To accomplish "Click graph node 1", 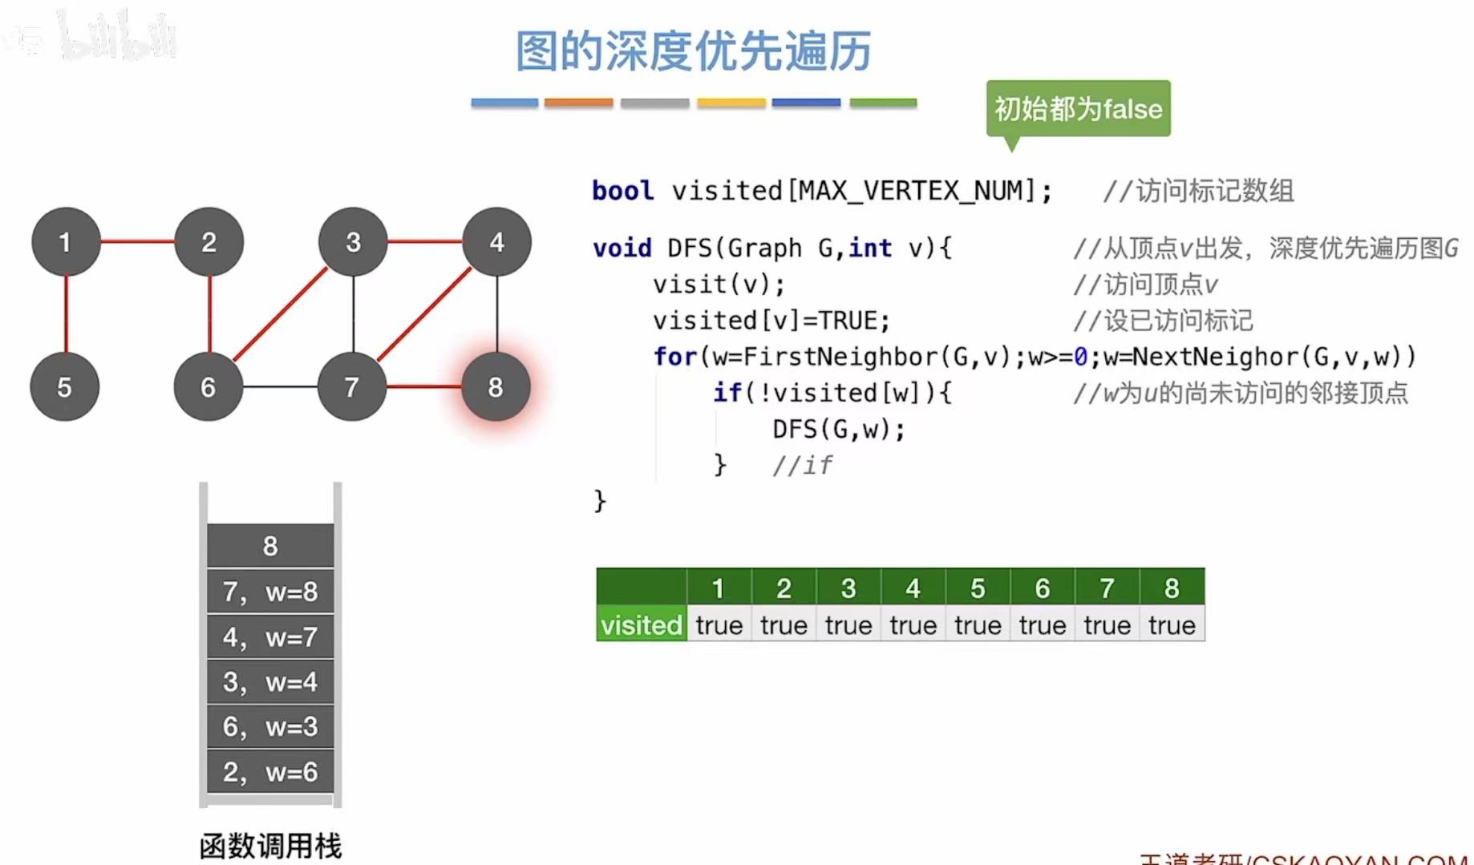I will click(66, 242).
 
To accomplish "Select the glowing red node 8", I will click(496, 387).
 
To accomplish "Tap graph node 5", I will click(64, 387).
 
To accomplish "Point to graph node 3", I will click(353, 242).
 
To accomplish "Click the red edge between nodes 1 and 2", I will click(137, 241).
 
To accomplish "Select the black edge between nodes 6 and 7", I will click(280, 386).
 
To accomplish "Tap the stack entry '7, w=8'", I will click(270, 592).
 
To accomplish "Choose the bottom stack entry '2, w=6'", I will click(270, 772).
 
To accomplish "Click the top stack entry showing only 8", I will click(270, 546).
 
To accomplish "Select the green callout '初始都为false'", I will click(1078, 108).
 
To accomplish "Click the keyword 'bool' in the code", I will click(622, 191).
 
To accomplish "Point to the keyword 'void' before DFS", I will click(622, 249).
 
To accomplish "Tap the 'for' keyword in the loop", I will click(674, 357).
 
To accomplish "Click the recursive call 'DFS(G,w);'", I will click(839, 430).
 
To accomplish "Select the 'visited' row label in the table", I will click(641, 625).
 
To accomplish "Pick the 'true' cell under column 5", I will click(978, 625).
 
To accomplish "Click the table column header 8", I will click(1172, 588).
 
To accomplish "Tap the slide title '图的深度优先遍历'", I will click(693, 51).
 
